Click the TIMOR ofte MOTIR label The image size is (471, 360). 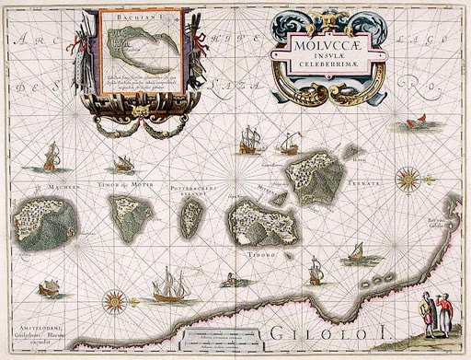pos(119,184)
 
